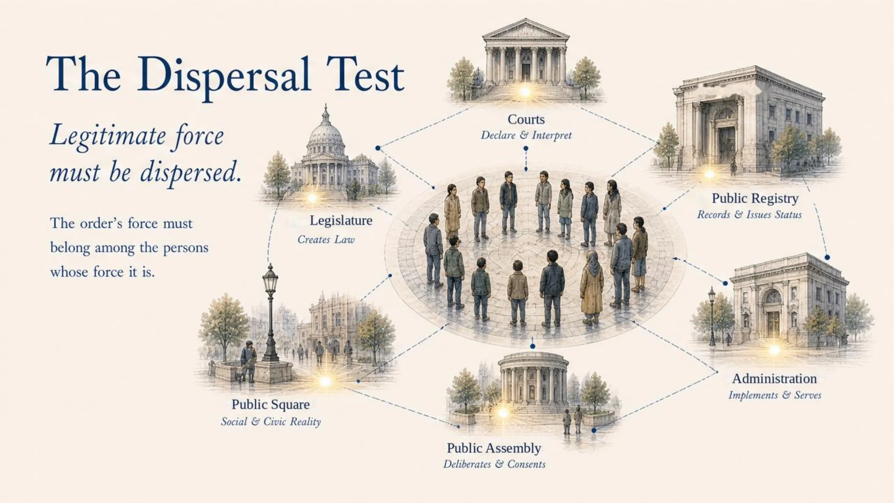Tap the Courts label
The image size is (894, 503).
526,119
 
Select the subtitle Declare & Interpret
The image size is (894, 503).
526,135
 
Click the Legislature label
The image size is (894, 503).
341,220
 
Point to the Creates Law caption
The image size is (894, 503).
326,239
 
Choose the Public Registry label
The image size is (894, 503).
755,198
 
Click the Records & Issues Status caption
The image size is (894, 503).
749,215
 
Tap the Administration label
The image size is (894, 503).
774,379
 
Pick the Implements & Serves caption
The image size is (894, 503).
775,395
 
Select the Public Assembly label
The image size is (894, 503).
494,448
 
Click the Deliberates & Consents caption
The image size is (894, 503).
494,464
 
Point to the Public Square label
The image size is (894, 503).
271,404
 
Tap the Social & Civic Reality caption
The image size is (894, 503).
271,421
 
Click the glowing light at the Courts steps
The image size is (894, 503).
525,91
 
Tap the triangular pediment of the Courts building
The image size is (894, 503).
526,29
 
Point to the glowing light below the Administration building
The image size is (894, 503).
774,349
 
